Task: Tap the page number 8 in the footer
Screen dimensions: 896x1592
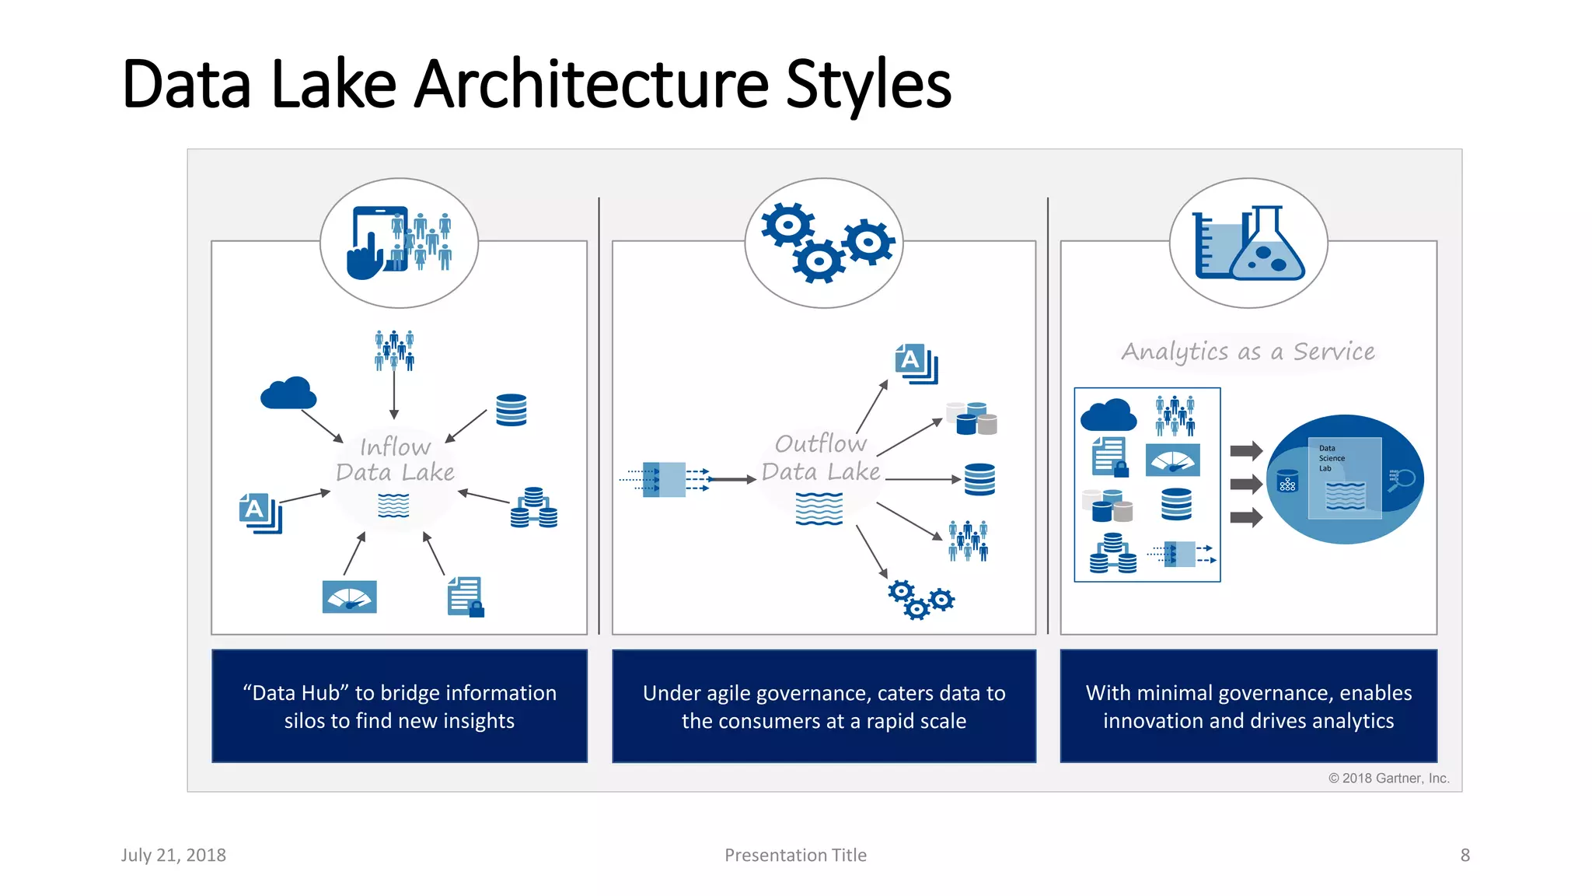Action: [1465, 856]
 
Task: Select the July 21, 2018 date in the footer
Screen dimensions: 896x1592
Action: [173, 856]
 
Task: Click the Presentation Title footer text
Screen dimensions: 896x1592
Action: [795, 856]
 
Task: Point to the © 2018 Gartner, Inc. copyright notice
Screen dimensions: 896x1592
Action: [1388, 779]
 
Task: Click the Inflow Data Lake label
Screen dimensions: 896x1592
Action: [395, 460]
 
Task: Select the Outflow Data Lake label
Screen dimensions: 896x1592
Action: [821, 457]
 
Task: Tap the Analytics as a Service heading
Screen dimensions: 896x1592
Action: [1248, 352]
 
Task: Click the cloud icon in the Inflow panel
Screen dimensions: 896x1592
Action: [288, 394]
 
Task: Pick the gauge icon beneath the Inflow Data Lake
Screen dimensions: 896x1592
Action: [349, 597]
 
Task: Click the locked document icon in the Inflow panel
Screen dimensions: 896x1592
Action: [466, 597]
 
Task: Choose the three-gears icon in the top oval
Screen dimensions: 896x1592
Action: [826, 243]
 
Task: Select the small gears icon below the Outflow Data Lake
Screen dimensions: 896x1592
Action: [920, 599]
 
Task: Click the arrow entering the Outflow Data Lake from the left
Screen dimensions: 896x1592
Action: [731, 480]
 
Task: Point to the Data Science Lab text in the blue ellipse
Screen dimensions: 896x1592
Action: [1331, 458]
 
